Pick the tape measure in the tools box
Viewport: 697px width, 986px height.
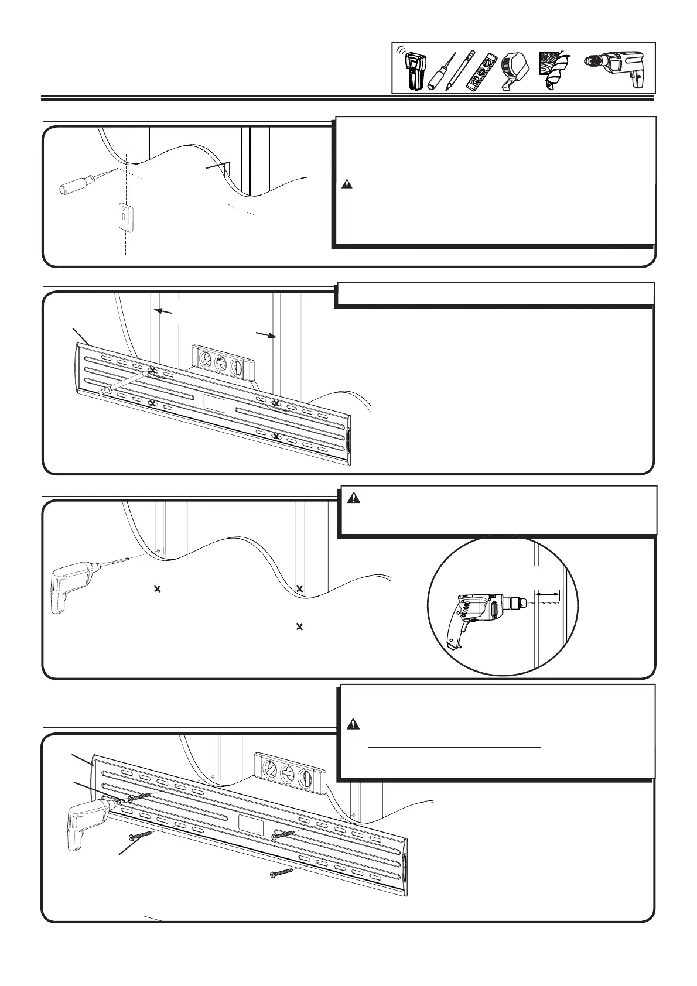515,71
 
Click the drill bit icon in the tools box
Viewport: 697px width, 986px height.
553,69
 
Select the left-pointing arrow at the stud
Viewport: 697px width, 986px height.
164,311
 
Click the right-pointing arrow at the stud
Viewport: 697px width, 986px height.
266,334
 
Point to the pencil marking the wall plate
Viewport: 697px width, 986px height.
125,382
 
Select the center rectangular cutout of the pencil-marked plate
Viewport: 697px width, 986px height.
214,403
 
